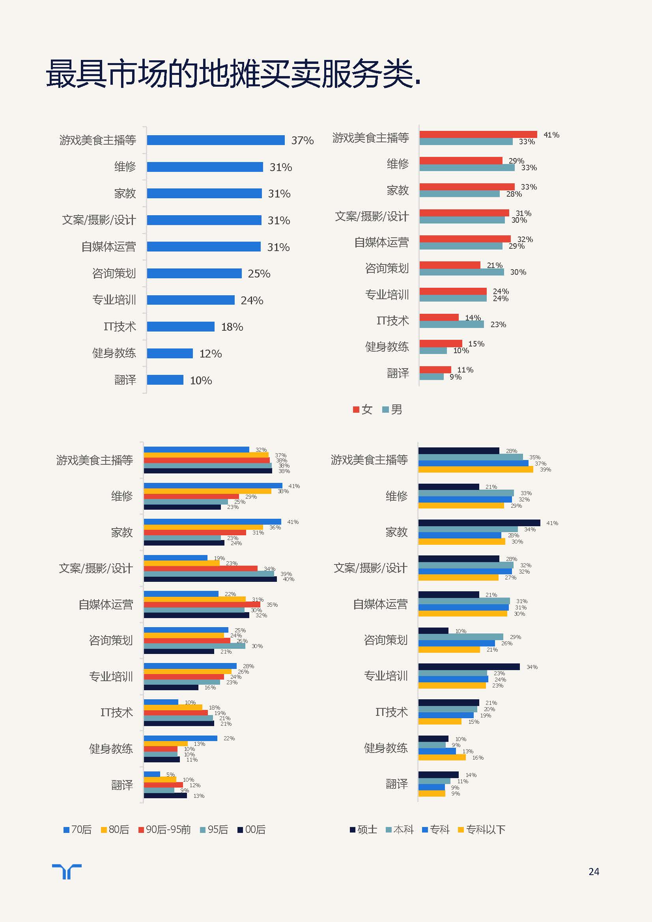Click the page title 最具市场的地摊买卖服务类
pos(233,73)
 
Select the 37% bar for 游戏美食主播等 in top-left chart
pos(216,140)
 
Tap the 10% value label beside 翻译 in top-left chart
pos(201,380)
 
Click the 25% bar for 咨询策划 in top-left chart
pos(194,274)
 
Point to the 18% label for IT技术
pos(232,327)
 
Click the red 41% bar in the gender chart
pos(478,134)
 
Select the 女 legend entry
pos(363,410)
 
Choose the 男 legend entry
pos(392,410)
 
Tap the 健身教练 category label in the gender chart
pos(387,346)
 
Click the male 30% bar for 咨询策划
pos(461,272)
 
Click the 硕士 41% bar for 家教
pos(479,523)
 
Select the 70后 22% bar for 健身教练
pos(180,738)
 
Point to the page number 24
pos(593,872)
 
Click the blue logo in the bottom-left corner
pos(67,872)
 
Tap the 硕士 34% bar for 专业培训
pos(469,667)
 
